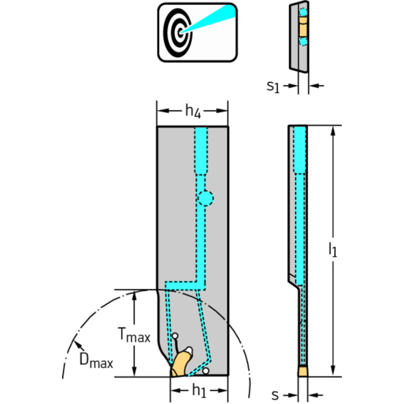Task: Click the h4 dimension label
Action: (x=193, y=111)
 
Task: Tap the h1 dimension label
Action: (x=198, y=390)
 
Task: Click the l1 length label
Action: (x=333, y=250)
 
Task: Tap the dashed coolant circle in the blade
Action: (x=205, y=198)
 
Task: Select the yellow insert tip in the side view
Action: (x=302, y=371)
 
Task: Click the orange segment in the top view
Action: (x=302, y=26)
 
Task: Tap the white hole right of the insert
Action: (x=205, y=371)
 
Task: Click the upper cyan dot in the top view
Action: (x=303, y=12)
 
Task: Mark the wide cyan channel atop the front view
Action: (x=201, y=150)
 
